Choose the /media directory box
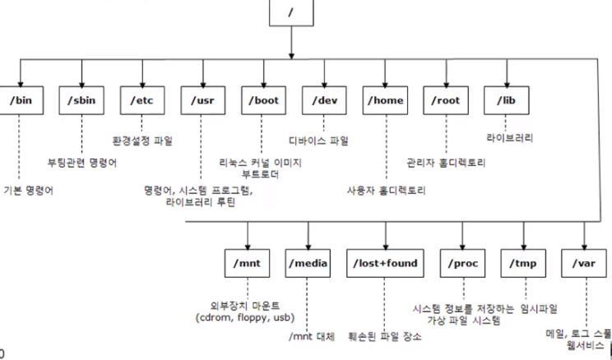pyautogui.click(x=308, y=263)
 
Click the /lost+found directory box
pyautogui.click(x=384, y=263)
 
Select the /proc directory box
pyautogui.click(x=464, y=263)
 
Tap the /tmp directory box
pyautogui.click(x=524, y=263)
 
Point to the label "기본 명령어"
pyautogui.click(x=29, y=191)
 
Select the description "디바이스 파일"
pyautogui.click(x=318, y=141)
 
